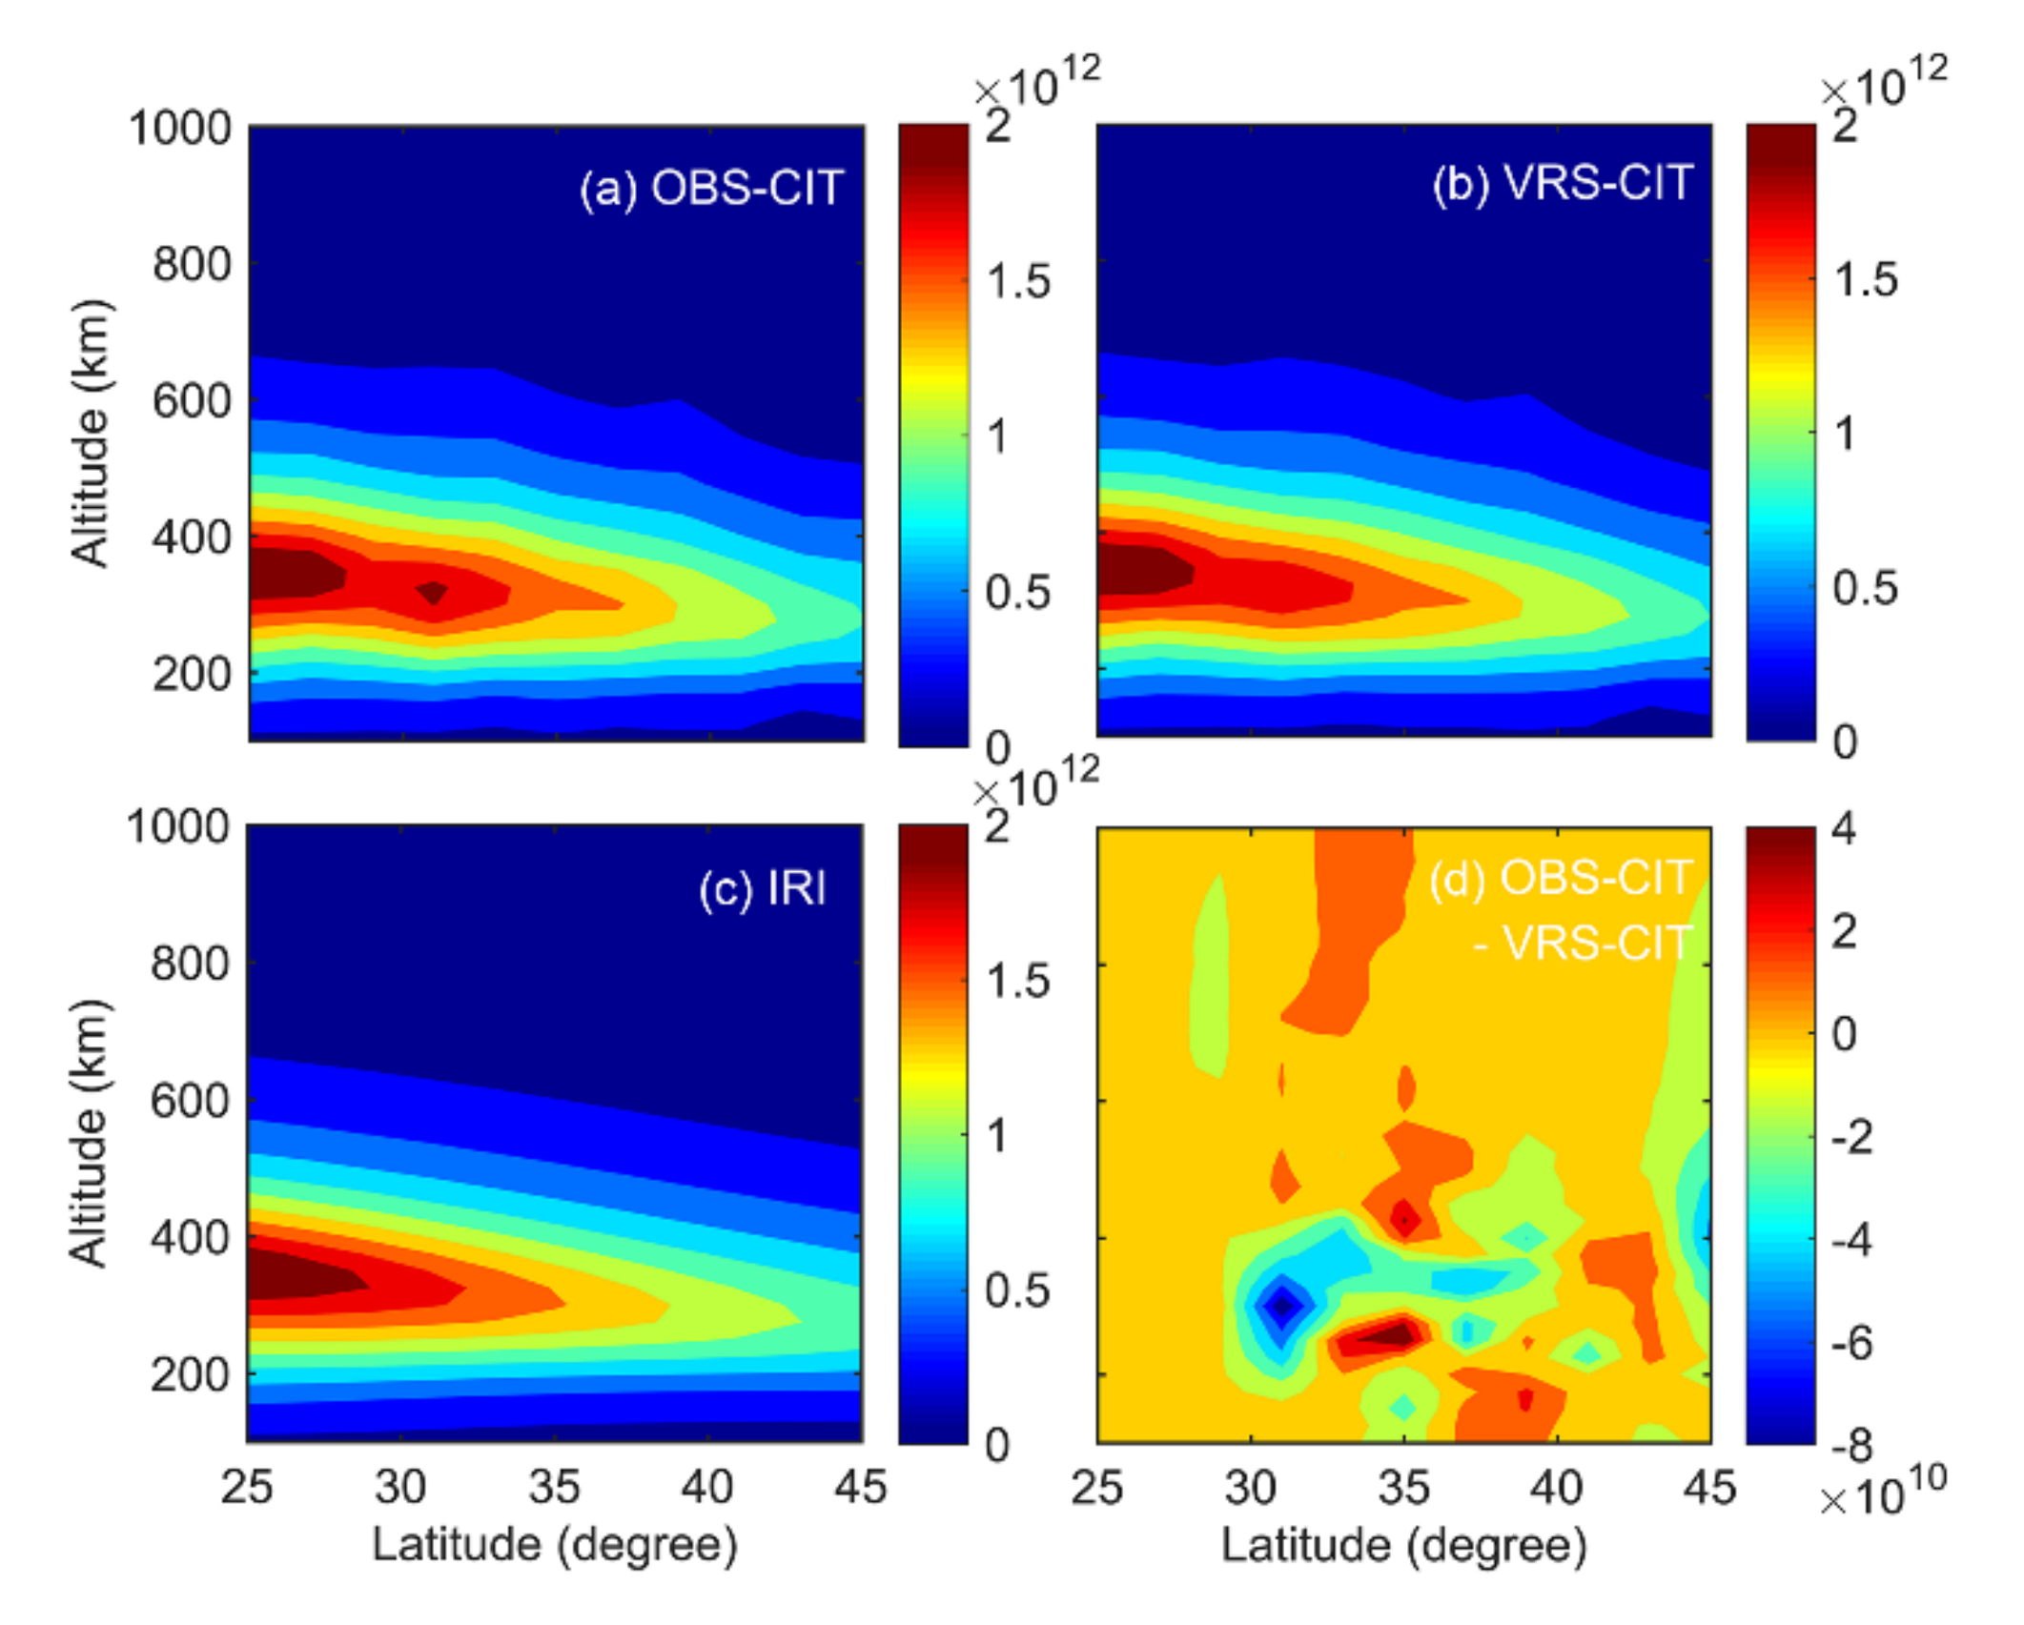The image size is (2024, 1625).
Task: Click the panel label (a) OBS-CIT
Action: pos(711,188)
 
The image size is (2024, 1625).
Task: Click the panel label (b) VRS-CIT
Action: pos(1562,182)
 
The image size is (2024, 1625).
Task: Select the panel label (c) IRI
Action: pos(762,888)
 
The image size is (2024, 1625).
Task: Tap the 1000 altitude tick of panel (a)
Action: pos(179,128)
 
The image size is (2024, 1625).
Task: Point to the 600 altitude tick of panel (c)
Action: pos(190,1101)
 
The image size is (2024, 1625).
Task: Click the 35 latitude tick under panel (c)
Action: pos(554,1486)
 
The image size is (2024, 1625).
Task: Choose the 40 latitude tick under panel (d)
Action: pos(1556,1486)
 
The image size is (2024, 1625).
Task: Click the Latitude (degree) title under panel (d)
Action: pos(1403,1545)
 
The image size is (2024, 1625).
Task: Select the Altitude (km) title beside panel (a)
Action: pos(91,434)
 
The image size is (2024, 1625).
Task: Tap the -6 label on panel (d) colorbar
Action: pos(1851,1343)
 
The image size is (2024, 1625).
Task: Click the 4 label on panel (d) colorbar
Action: pos(1844,828)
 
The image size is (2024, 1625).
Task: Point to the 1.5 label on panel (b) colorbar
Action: pos(1865,279)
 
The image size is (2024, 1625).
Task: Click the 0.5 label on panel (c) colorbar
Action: pos(1016,1290)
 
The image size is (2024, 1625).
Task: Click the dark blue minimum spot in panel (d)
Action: pos(1282,1305)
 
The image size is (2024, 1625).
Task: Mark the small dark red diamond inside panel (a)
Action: pos(434,592)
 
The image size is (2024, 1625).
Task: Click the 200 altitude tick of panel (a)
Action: pos(191,675)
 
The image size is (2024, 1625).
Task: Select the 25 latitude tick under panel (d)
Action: pos(1096,1486)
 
